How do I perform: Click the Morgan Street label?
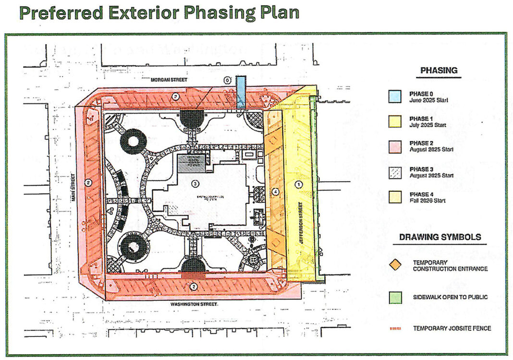pos(169,79)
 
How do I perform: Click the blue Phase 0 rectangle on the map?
pos(241,92)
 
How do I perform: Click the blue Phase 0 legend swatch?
pos(394,96)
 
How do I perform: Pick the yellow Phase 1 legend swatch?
pos(394,122)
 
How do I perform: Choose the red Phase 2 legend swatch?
pos(394,146)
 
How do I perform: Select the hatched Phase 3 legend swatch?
pos(394,172)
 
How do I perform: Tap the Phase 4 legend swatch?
pos(394,197)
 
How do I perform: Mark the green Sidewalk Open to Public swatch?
pos(395,298)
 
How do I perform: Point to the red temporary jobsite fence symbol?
pos(395,329)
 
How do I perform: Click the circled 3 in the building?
pos(195,184)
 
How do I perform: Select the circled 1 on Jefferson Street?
pos(298,184)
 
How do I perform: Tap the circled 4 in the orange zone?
pos(275,191)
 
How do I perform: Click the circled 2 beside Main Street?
pos(88,182)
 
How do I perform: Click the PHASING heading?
pos(439,70)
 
